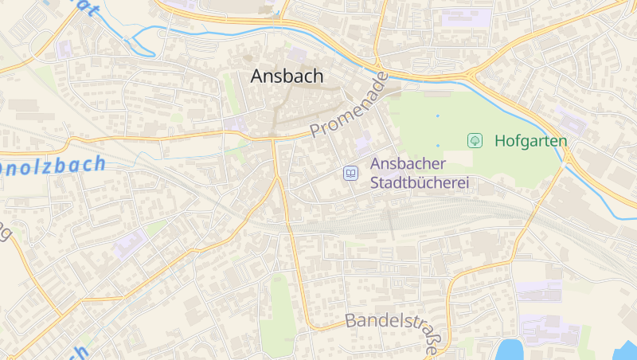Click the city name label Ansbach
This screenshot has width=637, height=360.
click(x=287, y=76)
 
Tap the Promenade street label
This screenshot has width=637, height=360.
click(x=348, y=106)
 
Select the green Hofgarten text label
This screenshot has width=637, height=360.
click(x=530, y=141)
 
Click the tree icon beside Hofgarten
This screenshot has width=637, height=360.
click(x=475, y=141)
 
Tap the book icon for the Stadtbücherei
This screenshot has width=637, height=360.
click(x=350, y=173)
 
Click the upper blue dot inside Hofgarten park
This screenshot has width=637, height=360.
click(x=437, y=116)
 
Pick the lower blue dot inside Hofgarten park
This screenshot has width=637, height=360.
click(x=437, y=146)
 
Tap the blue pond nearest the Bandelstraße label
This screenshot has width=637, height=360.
click(x=509, y=349)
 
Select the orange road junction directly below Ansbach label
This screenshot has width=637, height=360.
click(x=273, y=139)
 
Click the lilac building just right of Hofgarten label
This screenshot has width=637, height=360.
click(x=572, y=120)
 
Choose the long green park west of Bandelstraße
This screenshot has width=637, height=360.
click(x=279, y=311)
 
